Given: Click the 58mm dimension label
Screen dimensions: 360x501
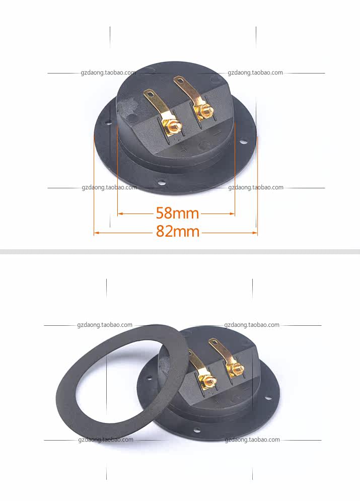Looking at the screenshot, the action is click(x=177, y=213).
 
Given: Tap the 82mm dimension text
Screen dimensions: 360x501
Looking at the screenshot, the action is click(x=178, y=231).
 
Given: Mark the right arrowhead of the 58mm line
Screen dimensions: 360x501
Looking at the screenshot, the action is click(x=232, y=214).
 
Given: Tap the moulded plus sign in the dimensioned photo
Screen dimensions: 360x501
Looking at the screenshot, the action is click(x=183, y=149).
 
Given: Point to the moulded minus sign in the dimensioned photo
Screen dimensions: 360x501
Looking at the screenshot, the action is click(x=217, y=132).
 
